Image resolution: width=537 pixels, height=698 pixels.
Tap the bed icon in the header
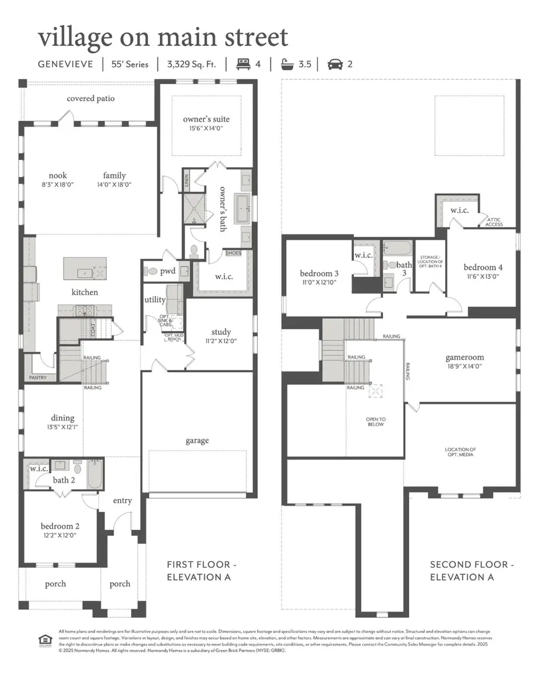243,64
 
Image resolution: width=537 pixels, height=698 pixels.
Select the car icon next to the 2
335,64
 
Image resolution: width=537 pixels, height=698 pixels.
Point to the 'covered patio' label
91,98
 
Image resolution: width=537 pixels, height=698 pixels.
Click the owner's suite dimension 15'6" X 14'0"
206,128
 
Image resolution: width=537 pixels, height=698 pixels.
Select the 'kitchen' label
84,292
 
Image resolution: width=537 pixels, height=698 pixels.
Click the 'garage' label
197,440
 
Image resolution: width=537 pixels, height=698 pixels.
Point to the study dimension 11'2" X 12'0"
221,342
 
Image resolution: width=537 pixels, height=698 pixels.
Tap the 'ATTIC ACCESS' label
494,222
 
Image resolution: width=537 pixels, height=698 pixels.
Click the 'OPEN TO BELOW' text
376,421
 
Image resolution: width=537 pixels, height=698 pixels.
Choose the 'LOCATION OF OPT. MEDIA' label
460,452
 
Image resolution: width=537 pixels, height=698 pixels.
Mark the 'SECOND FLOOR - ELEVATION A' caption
470,570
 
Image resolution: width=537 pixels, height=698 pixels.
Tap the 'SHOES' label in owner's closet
233,254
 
